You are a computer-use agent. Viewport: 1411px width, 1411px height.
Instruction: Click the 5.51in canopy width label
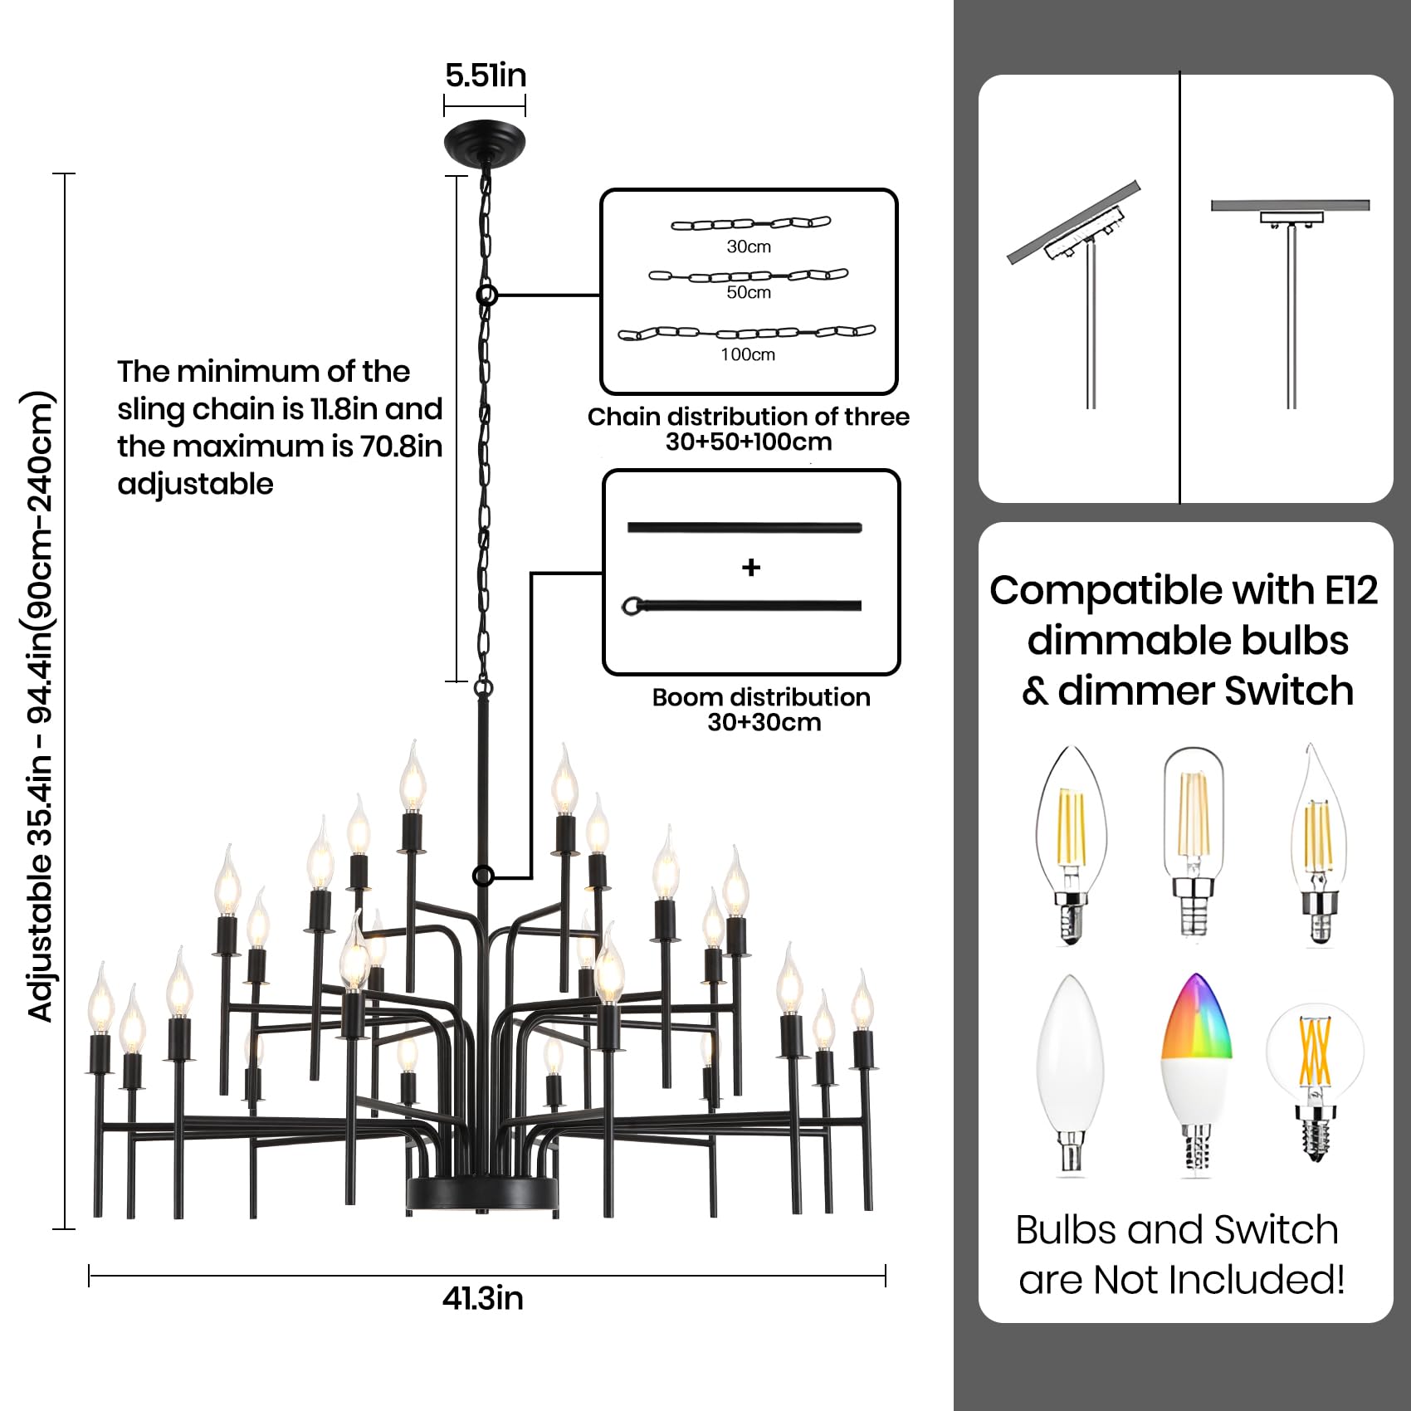pos(486,76)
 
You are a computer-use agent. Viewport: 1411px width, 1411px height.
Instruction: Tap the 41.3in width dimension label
pos(482,1299)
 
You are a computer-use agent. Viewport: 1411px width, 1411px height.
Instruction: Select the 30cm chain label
pos(749,247)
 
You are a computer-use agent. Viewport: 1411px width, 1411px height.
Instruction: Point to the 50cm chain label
pos(749,292)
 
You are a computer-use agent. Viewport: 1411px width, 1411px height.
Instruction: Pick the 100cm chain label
pos(748,354)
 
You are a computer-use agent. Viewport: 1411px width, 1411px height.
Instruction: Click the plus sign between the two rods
pos(751,568)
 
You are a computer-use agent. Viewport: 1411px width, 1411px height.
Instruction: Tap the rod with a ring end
pos(743,605)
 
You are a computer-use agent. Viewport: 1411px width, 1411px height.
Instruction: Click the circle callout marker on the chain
pos(487,295)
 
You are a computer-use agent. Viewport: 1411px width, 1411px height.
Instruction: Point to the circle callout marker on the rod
pos(483,876)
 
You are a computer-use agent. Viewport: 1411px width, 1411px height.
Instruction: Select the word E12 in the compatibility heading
pos(1351,591)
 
